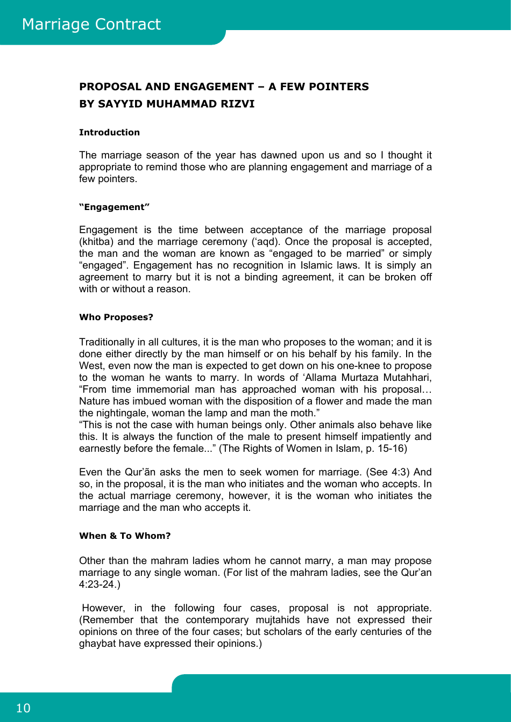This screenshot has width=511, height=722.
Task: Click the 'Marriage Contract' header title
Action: (91, 24)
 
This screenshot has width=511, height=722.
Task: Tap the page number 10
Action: (23, 708)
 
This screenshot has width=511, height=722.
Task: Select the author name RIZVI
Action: (237, 104)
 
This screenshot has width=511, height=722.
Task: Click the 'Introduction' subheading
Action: (109, 132)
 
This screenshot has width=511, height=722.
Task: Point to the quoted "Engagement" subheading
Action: (114, 207)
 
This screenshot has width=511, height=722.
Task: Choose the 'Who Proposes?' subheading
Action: (116, 317)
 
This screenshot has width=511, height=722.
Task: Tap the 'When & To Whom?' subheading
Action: (125, 536)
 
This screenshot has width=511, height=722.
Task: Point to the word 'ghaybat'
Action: (97, 644)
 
